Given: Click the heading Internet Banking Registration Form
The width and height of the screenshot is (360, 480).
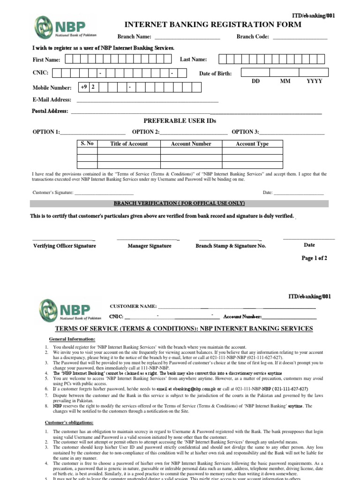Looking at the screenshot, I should [x=213, y=24].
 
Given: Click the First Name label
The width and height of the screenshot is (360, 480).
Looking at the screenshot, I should [x=46, y=60].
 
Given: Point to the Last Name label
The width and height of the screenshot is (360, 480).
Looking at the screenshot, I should [x=193, y=59].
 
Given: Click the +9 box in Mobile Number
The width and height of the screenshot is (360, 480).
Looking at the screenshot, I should [x=84, y=87].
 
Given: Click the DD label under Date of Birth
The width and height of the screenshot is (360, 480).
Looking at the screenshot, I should [x=255, y=81].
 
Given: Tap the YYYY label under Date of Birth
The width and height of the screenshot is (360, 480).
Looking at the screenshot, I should [x=314, y=81].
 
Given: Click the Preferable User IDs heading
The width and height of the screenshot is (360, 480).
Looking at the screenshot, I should [x=180, y=121].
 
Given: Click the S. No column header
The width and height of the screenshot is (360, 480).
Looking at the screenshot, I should [x=87, y=144].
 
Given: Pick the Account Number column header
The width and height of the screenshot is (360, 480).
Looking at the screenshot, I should [x=191, y=144].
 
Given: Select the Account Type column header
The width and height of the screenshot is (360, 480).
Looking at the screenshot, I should [x=252, y=144].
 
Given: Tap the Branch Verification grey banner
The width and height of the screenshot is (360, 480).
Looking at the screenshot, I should [x=180, y=203].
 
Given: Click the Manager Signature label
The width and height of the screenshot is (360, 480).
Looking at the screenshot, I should [x=150, y=246].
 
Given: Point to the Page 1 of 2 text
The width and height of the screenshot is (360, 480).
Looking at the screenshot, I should [x=314, y=258].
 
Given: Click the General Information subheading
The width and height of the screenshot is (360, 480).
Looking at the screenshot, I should [x=72, y=339].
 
